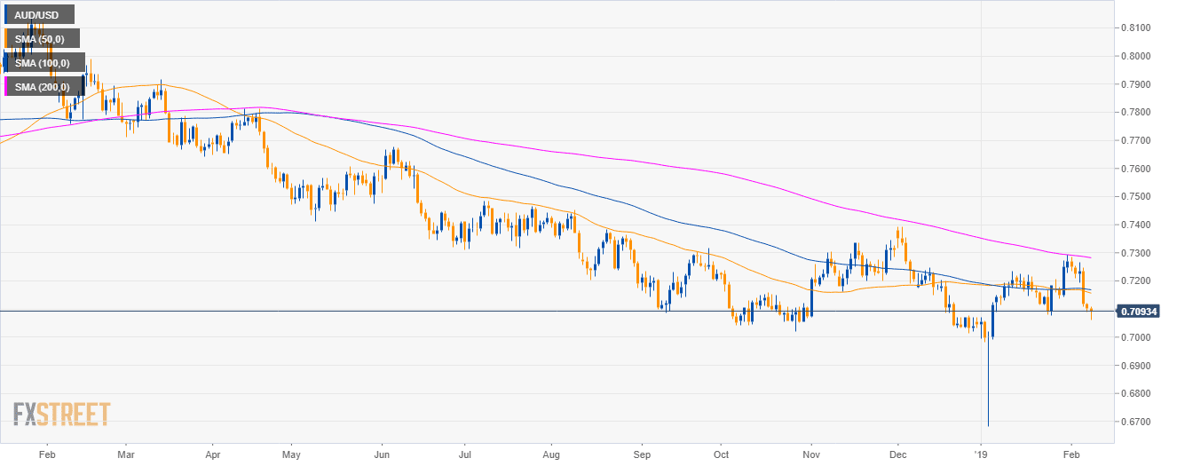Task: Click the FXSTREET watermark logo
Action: [62, 415]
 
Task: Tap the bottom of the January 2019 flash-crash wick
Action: [988, 425]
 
